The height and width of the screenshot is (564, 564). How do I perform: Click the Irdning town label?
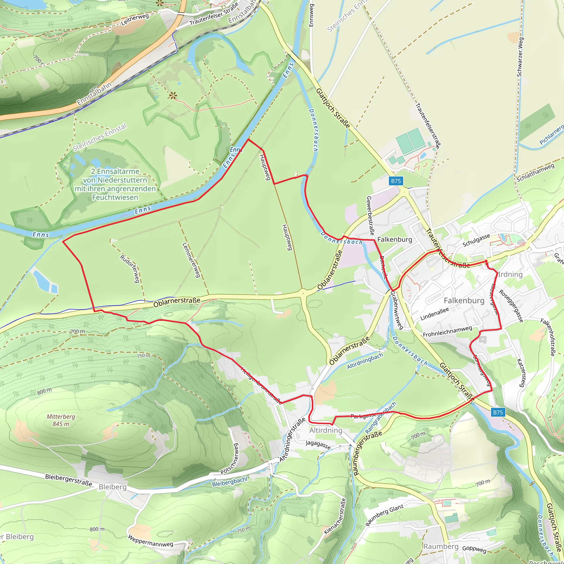point(510,274)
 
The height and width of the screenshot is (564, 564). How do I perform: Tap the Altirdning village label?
point(326,430)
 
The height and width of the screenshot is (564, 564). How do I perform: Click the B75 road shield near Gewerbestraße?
point(396,181)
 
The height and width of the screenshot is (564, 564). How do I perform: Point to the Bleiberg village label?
point(113,487)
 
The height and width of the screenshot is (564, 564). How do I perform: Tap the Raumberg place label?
point(441,546)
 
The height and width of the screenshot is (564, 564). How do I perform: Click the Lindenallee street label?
point(434,314)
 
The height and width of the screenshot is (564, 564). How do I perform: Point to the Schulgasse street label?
point(476,240)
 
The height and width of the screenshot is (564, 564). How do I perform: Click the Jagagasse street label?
point(318,444)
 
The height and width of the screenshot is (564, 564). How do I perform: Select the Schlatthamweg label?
point(535,172)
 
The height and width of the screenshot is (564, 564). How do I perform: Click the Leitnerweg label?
point(135,19)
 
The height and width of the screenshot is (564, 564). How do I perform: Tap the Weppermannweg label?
point(151,541)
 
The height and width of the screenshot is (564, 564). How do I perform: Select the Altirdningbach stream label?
point(365,361)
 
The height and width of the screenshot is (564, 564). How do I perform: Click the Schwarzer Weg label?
point(520,57)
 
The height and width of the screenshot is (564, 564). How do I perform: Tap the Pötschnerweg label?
point(229,459)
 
